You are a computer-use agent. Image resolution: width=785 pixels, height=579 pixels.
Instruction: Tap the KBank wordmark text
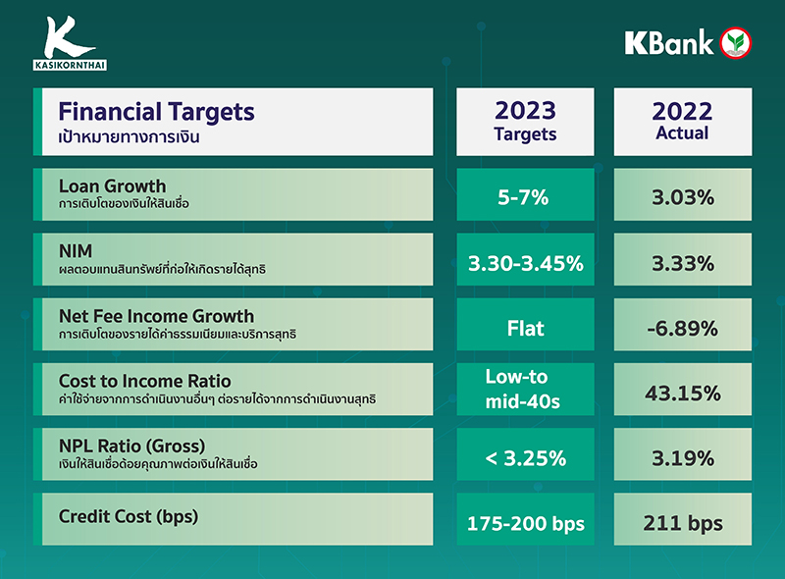point(668,43)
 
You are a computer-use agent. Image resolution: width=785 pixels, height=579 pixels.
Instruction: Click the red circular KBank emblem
point(736,43)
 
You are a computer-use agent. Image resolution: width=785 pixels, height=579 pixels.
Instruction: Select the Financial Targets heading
point(157,112)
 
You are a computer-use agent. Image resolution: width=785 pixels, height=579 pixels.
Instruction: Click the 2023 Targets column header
point(525,122)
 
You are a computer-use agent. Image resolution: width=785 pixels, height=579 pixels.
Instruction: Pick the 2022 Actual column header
point(682,122)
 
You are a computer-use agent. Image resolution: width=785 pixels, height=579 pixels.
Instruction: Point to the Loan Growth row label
point(113,186)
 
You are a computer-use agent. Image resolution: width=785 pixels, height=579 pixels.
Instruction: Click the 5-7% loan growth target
point(525,197)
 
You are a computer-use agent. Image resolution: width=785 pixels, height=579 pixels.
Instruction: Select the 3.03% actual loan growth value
point(682,197)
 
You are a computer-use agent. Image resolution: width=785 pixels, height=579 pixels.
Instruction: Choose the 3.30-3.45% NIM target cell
point(525,263)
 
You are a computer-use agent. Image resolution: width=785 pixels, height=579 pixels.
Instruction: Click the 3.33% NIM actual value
point(682,263)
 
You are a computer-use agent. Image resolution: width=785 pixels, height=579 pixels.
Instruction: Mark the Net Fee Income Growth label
point(157,316)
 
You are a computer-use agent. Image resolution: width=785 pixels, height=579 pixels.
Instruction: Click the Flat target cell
point(525,328)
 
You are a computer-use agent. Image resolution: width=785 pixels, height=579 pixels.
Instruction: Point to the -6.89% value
point(682,328)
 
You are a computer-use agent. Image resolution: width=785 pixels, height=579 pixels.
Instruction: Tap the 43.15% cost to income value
point(682,393)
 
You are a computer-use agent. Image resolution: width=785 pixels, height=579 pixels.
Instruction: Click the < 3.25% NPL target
point(525,457)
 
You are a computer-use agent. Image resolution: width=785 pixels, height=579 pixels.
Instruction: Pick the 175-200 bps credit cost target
point(525,523)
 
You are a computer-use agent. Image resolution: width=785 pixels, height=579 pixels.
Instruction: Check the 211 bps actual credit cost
point(682,523)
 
